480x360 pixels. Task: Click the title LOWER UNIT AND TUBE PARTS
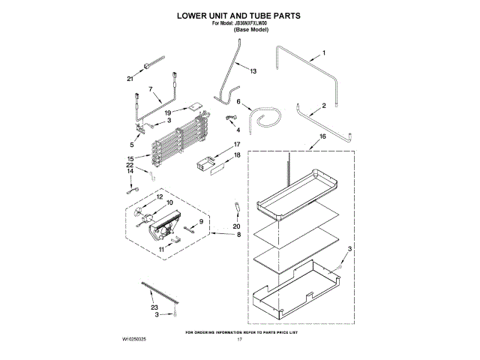click(x=239, y=14)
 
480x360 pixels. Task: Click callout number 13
click(x=253, y=71)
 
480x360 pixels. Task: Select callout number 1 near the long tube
click(x=324, y=52)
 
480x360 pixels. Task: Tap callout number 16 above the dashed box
click(x=322, y=136)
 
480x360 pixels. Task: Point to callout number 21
click(x=130, y=79)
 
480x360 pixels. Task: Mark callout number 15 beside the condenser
click(x=130, y=158)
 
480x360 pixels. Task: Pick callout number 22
click(x=130, y=165)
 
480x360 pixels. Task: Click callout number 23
click(x=154, y=308)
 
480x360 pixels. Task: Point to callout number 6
click(x=239, y=101)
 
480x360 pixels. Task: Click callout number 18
click(x=237, y=155)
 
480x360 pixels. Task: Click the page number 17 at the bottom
click(x=240, y=340)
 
